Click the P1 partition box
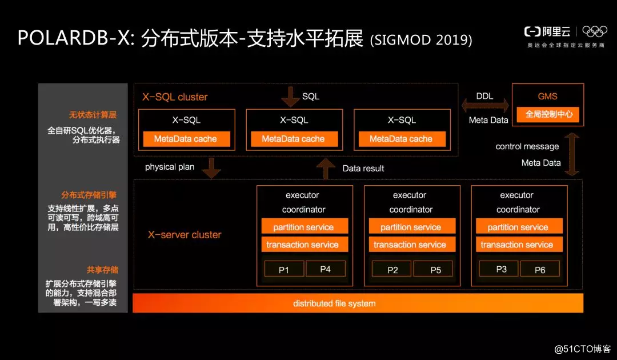point(283,269)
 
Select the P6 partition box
point(540,269)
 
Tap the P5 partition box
point(435,269)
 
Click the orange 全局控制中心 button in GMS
point(548,114)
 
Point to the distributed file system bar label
point(334,303)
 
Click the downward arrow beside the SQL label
point(290,97)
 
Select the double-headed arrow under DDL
point(484,105)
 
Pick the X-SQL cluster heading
point(175,97)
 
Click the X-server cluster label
point(185,234)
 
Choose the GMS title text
point(547,97)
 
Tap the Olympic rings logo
point(595,31)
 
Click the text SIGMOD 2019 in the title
point(421,39)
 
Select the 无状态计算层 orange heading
point(94,115)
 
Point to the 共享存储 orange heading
point(102,270)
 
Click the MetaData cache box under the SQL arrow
point(293,139)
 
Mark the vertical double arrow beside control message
point(571,154)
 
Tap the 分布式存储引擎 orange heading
point(90,195)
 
